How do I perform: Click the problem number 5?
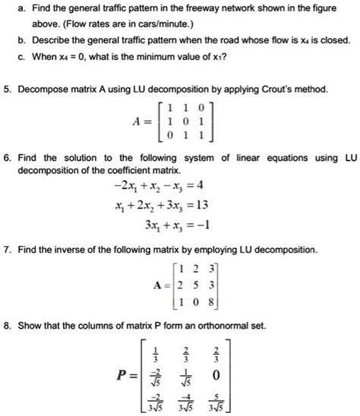pyautogui.click(x=6, y=90)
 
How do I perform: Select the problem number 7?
pyautogui.click(x=6, y=250)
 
